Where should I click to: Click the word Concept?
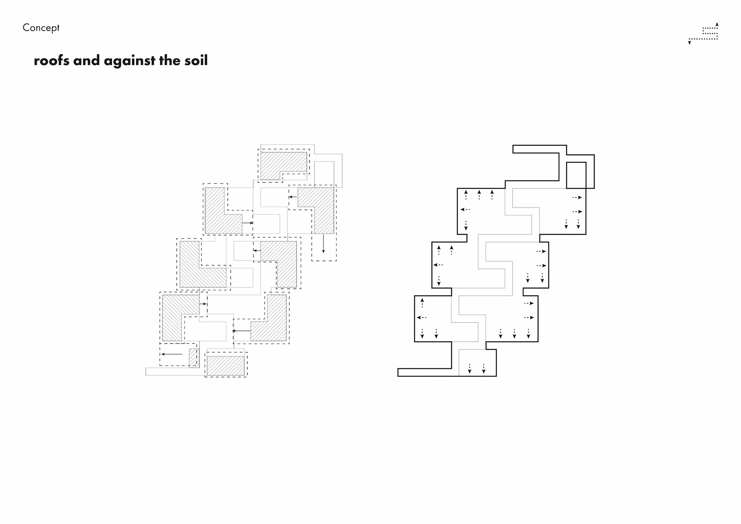(x=41, y=28)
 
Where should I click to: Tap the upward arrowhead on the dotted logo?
(x=717, y=24)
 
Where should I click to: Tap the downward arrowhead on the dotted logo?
(x=689, y=43)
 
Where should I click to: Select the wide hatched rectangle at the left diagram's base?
(x=226, y=366)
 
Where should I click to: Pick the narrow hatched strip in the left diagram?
(x=193, y=357)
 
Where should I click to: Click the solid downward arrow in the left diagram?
(x=323, y=244)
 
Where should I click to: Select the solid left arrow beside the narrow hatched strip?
(x=172, y=354)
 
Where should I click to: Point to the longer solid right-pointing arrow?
(x=247, y=223)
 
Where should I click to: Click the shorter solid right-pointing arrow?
(x=203, y=304)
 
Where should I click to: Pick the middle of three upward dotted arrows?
(x=479, y=195)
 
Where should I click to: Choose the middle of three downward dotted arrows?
(x=514, y=334)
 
